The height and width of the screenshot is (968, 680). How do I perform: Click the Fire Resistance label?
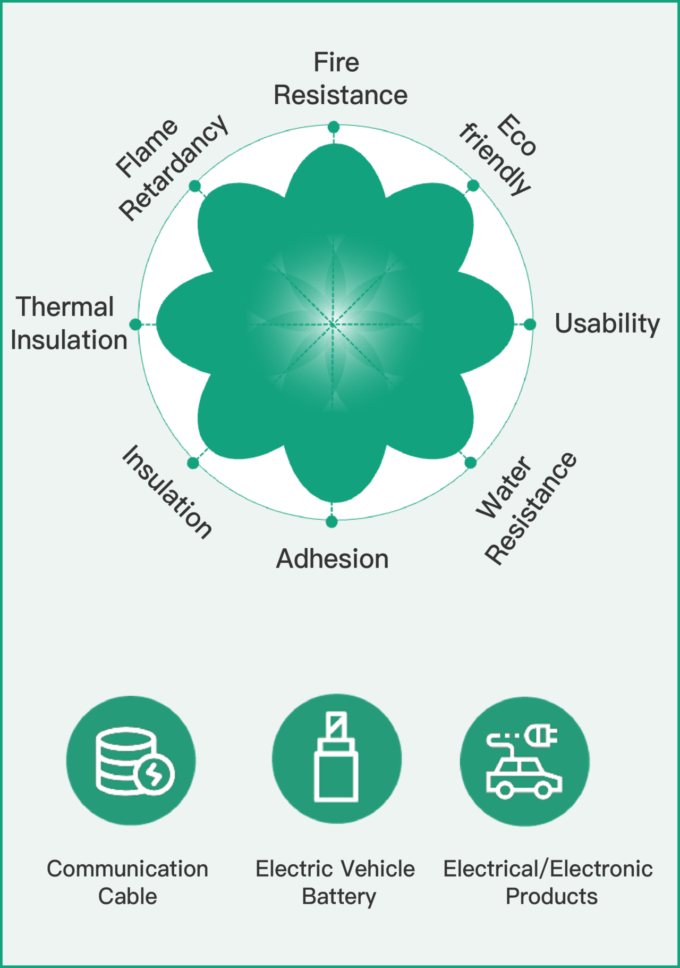coord(341,79)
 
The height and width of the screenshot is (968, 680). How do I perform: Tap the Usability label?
coord(607,323)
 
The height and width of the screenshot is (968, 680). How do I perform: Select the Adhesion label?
coord(333,559)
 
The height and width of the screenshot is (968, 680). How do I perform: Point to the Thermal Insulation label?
coord(69,323)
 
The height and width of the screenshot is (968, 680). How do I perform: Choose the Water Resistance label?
coord(526,508)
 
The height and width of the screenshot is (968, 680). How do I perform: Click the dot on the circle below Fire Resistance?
coord(334,127)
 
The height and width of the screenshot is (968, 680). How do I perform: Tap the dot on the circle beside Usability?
coord(530,324)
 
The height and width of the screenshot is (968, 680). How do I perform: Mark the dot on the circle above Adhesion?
coord(331,522)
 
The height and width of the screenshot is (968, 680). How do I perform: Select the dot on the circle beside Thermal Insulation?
coord(135,324)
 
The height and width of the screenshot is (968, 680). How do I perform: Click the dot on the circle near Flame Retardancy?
coord(195,186)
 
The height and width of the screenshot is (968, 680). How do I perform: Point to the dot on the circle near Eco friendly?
coord(473,186)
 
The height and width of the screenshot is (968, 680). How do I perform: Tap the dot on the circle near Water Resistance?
coord(470,463)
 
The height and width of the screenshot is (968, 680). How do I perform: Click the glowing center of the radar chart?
coord(333,324)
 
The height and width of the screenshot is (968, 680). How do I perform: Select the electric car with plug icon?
coord(524,761)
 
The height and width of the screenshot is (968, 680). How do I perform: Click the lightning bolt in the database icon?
coord(154,774)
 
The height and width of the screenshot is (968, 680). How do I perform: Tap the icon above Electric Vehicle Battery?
coord(336,758)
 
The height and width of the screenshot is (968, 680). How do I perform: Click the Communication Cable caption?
coord(127,882)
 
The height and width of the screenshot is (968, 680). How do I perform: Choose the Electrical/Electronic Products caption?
coord(548,882)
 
